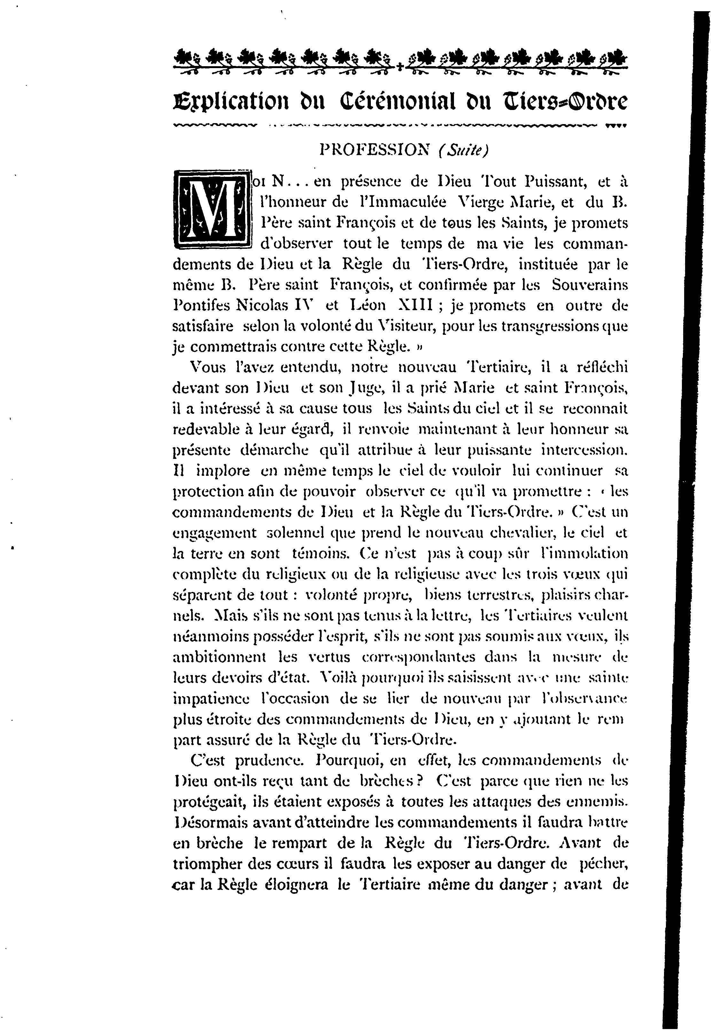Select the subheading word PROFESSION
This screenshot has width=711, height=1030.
click(x=375, y=151)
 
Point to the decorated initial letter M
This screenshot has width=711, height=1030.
click(x=212, y=209)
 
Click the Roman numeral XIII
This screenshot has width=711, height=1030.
click(x=415, y=306)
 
